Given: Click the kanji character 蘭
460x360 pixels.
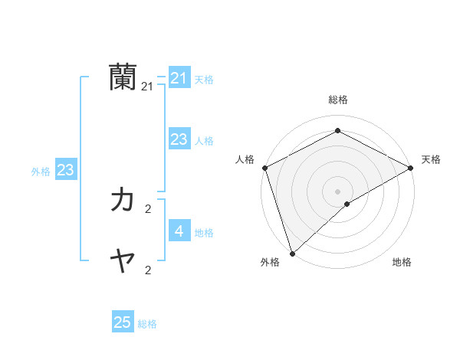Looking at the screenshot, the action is (123, 78).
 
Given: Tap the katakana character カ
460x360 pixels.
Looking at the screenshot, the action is (123, 200).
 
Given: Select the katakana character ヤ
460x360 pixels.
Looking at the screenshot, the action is (123, 263).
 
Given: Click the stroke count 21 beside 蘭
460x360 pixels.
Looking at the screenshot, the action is (147, 88).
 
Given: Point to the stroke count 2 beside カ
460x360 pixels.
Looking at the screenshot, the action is (147, 208).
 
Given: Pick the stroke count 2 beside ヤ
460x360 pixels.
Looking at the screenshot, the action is (147, 270).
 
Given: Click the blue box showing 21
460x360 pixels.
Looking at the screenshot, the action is (179, 78).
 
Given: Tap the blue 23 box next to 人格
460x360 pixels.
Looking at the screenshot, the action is (179, 139).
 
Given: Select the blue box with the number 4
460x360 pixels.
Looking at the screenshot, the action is (179, 231).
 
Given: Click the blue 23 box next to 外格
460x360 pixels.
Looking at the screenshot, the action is (65, 170).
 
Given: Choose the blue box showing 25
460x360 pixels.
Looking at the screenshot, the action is (123, 322).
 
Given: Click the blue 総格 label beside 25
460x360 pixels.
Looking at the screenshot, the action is (147, 324).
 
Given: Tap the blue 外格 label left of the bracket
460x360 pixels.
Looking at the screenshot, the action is (41, 172).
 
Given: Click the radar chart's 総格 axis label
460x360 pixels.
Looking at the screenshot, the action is (337, 100).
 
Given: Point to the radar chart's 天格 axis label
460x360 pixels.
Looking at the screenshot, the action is (431, 159).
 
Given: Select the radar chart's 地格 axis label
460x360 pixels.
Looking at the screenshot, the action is (402, 262).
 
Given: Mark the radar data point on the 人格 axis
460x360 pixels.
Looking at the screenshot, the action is (264, 168).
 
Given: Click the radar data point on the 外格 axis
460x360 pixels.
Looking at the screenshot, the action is (292, 253).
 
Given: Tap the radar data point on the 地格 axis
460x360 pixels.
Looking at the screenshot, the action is (347, 204).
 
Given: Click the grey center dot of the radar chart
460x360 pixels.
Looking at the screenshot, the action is (337, 191).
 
